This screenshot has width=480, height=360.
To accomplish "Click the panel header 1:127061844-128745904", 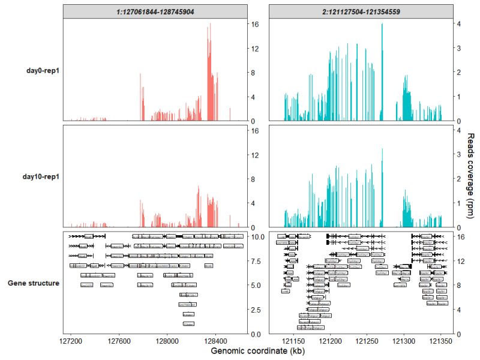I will (x=155, y=11).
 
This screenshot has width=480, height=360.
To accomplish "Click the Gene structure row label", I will (x=33, y=283).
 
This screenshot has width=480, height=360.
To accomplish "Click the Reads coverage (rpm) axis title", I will (x=470, y=176).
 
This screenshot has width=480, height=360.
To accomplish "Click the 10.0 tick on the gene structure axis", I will (x=257, y=237).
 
